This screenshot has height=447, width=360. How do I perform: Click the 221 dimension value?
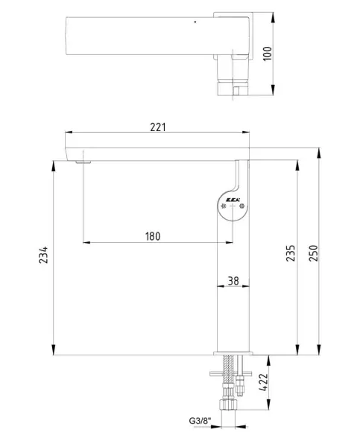157,127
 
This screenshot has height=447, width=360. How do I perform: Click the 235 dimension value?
291,254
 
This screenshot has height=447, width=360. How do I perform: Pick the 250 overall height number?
312,254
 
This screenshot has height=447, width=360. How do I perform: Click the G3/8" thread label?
200,422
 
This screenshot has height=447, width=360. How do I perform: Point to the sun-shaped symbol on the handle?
223,207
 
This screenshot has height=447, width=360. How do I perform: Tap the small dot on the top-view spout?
195,23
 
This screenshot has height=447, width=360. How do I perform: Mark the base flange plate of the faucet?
231,354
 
